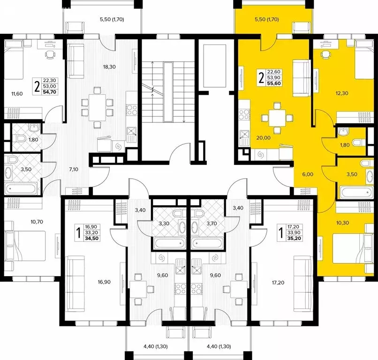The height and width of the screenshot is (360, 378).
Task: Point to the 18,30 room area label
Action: (x=109, y=67)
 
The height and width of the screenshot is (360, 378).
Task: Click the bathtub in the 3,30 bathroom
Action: (x=168, y=245)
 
